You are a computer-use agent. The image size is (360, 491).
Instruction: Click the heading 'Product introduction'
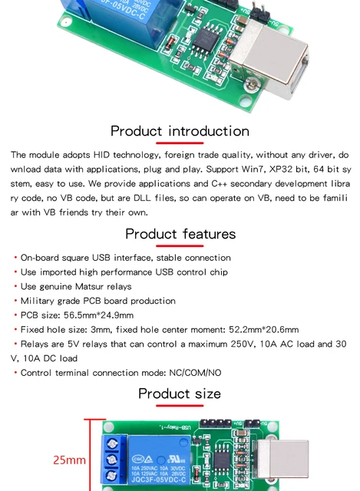pyautogui.click(x=180, y=131)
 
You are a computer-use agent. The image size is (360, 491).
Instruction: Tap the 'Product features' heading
pyautogui.click(x=180, y=233)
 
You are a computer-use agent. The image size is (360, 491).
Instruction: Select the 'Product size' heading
pyautogui.click(x=180, y=394)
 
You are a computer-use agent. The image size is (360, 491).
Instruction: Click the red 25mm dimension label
pyautogui.click(x=69, y=460)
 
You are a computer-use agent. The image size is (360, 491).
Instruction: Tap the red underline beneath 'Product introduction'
pyautogui.click(x=180, y=143)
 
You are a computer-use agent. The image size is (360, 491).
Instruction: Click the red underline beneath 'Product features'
pyautogui.click(x=180, y=246)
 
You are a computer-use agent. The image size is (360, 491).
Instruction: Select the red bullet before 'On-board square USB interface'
pyautogui.click(x=15, y=258)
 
